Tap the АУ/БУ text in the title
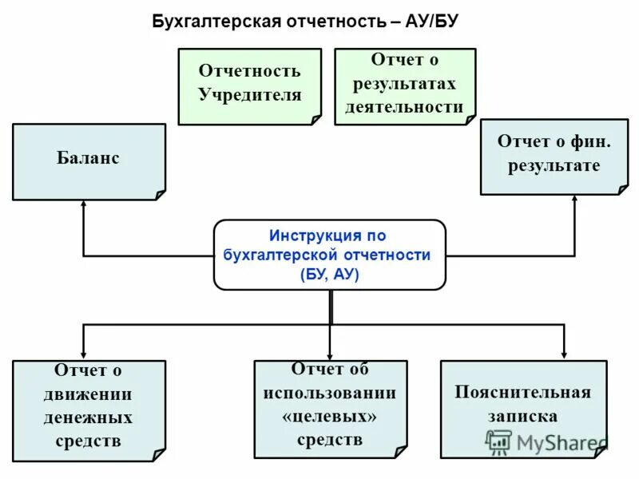point(431,21)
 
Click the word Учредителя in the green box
point(250,95)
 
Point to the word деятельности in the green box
point(404,107)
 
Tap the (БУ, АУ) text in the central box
point(330,274)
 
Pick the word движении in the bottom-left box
point(89,394)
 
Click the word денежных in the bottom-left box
point(89,417)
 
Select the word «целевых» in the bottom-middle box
point(330,416)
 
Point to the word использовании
point(330,393)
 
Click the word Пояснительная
point(523,392)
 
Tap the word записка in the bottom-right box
point(523,416)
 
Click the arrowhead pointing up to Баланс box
point(84,205)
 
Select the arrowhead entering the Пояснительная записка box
point(565,354)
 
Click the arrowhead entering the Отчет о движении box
point(84,354)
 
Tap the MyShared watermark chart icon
point(499,442)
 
